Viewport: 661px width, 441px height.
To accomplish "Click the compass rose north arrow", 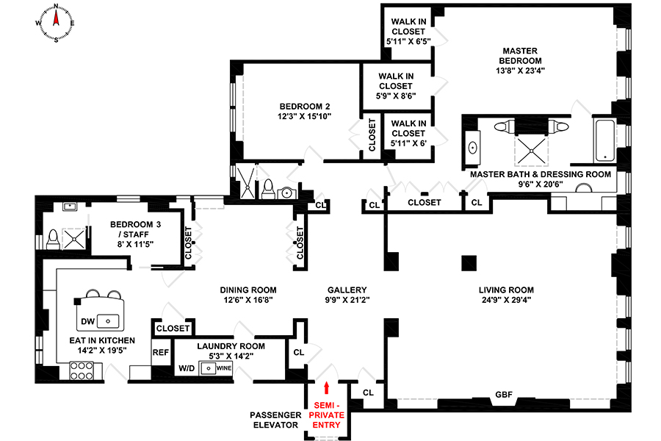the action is (x=57, y=12).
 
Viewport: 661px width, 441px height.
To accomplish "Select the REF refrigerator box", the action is (x=161, y=352).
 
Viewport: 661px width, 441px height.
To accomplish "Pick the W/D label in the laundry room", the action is (x=186, y=368).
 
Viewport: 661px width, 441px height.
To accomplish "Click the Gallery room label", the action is (x=347, y=290).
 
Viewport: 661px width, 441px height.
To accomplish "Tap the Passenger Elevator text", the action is (x=276, y=420).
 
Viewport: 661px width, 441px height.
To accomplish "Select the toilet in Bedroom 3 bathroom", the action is (x=52, y=239).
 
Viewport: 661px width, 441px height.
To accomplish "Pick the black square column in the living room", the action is (x=466, y=262).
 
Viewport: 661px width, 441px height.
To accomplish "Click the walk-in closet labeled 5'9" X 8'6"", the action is (x=396, y=86).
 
